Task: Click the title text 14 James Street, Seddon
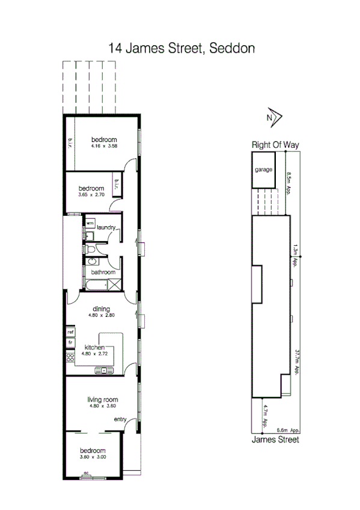pyautogui.click(x=180, y=48)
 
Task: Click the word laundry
pyautogui.click(x=105, y=227)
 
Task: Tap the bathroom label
pyautogui.click(x=103, y=272)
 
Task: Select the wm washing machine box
pyautogui.click(x=90, y=223)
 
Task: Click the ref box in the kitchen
pyautogui.click(x=70, y=331)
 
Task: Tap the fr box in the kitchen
pyautogui.click(x=70, y=342)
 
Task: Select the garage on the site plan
pyautogui.click(x=263, y=170)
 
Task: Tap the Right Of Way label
pyautogui.click(x=275, y=145)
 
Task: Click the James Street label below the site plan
pyautogui.click(x=275, y=440)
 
